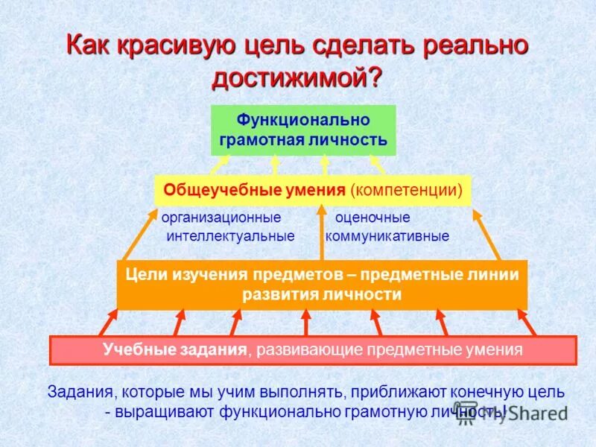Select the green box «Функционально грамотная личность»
(303, 130)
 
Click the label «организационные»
(221, 218)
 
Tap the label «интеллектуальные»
(230, 236)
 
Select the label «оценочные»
(372, 218)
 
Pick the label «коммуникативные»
(387, 236)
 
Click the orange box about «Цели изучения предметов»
(322, 284)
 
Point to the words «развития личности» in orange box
(322, 294)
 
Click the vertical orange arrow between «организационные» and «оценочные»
(322, 232)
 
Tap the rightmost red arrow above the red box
(526, 323)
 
